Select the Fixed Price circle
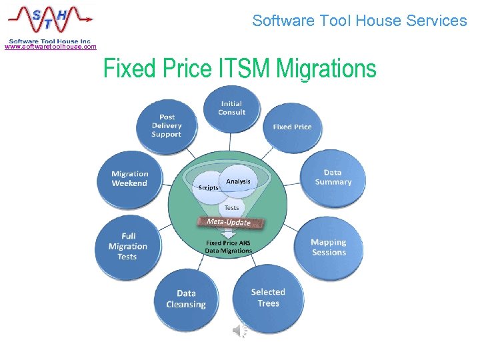click(292, 127)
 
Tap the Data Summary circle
click(333, 177)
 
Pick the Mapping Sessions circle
click(329, 247)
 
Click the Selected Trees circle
click(268, 297)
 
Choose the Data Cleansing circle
click(186, 299)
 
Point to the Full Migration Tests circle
click(127, 246)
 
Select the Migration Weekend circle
click(129, 178)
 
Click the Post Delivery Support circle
click(167, 125)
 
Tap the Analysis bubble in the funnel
click(238, 181)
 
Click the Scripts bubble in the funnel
click(208, 187)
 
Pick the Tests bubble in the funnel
click(231, 207)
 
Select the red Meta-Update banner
click(229, 221)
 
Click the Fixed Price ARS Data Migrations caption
click(229, 247)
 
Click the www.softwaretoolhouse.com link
click(50, 47)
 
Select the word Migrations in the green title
click(326, 69)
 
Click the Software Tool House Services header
click(359, 21)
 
